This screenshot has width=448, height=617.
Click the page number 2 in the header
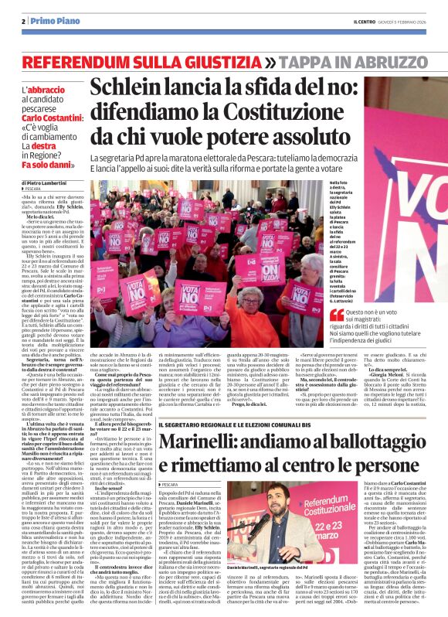point(24,21)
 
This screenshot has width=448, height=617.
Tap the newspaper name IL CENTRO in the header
point(355,21)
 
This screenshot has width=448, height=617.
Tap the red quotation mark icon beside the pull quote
point(337,315)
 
